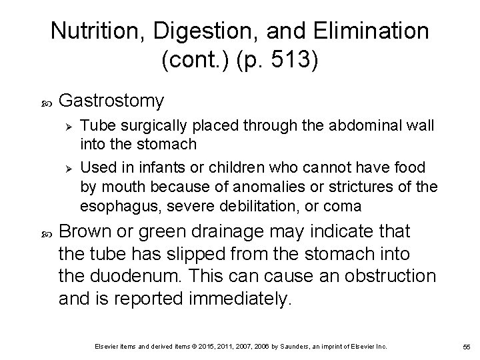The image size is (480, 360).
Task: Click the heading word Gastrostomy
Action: (111, 101)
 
